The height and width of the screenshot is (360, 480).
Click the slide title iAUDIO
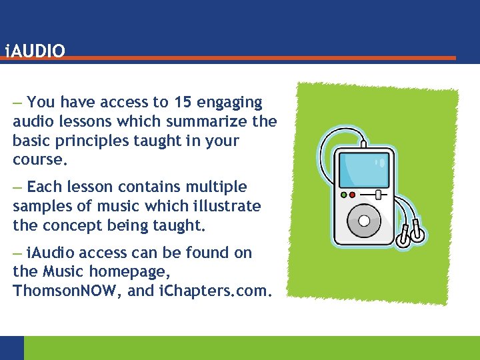tap(35, 51)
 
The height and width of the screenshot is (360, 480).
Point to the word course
tap(39, 160)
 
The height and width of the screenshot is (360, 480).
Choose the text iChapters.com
tap(213, 291)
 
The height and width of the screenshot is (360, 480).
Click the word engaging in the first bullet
tap(230, 102)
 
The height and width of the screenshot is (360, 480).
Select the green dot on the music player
tap(352, 195)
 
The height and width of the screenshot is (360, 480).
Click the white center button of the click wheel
tap(363, 221)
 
